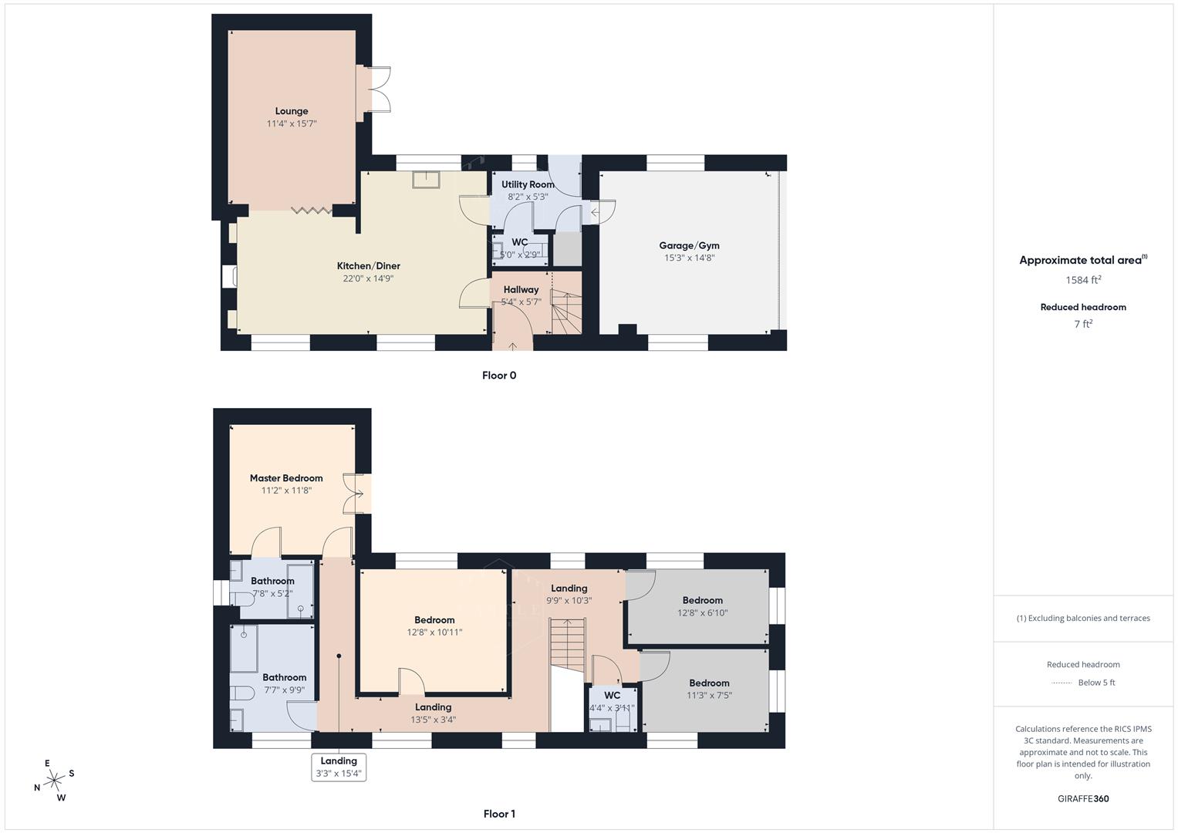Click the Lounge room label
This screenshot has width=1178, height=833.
292,111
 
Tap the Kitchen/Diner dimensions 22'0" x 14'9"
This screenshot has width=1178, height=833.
368,278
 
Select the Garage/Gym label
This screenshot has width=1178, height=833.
689,245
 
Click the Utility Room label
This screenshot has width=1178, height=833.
528,184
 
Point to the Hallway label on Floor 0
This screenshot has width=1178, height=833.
521,289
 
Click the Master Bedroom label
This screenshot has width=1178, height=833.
285,478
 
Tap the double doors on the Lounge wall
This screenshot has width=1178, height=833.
374,91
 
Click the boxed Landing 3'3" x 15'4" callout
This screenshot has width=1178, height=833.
338,767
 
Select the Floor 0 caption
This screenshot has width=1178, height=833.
499,376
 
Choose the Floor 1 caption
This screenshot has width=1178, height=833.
499,814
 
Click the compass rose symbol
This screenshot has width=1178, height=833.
54,781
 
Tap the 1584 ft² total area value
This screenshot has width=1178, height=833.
1083,280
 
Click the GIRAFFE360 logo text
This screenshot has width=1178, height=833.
1083,798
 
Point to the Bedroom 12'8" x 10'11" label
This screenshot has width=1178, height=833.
434,620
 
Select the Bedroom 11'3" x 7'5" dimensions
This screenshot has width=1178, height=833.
709,695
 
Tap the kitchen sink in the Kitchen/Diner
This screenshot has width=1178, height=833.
426,179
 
